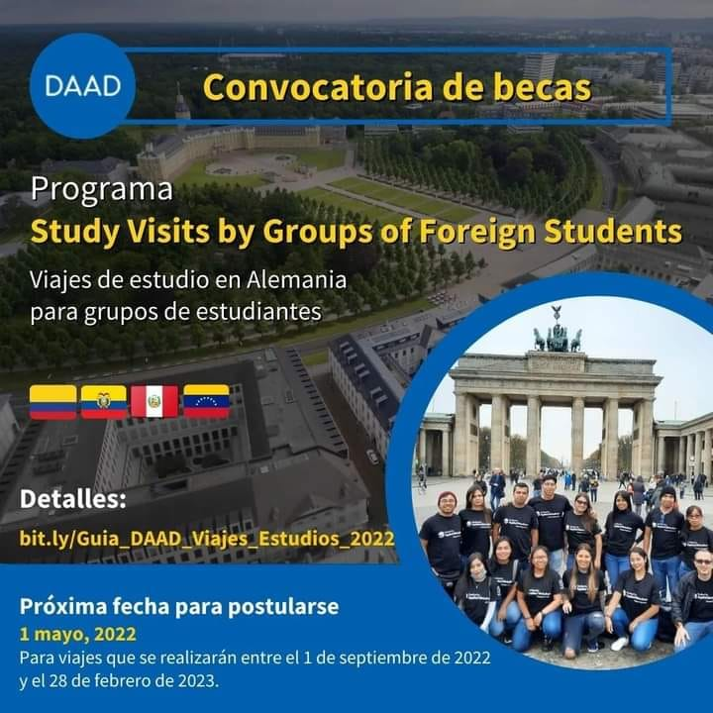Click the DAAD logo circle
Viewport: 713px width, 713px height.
83,86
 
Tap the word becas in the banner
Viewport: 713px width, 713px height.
543,87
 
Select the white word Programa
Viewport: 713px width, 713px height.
102,190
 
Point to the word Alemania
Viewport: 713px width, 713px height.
297,280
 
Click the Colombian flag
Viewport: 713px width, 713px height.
53,402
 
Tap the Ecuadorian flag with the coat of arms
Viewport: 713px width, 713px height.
104,402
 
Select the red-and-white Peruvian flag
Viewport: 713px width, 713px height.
154,401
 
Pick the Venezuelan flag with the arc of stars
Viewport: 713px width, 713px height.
206,401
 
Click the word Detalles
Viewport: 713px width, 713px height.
72,499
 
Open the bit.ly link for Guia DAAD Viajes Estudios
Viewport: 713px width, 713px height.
207,539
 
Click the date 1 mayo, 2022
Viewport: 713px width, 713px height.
78,634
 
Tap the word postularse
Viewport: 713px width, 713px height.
283,607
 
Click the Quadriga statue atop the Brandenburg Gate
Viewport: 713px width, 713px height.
557,332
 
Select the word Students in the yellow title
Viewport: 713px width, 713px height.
613,232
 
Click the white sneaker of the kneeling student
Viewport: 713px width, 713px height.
619,644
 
